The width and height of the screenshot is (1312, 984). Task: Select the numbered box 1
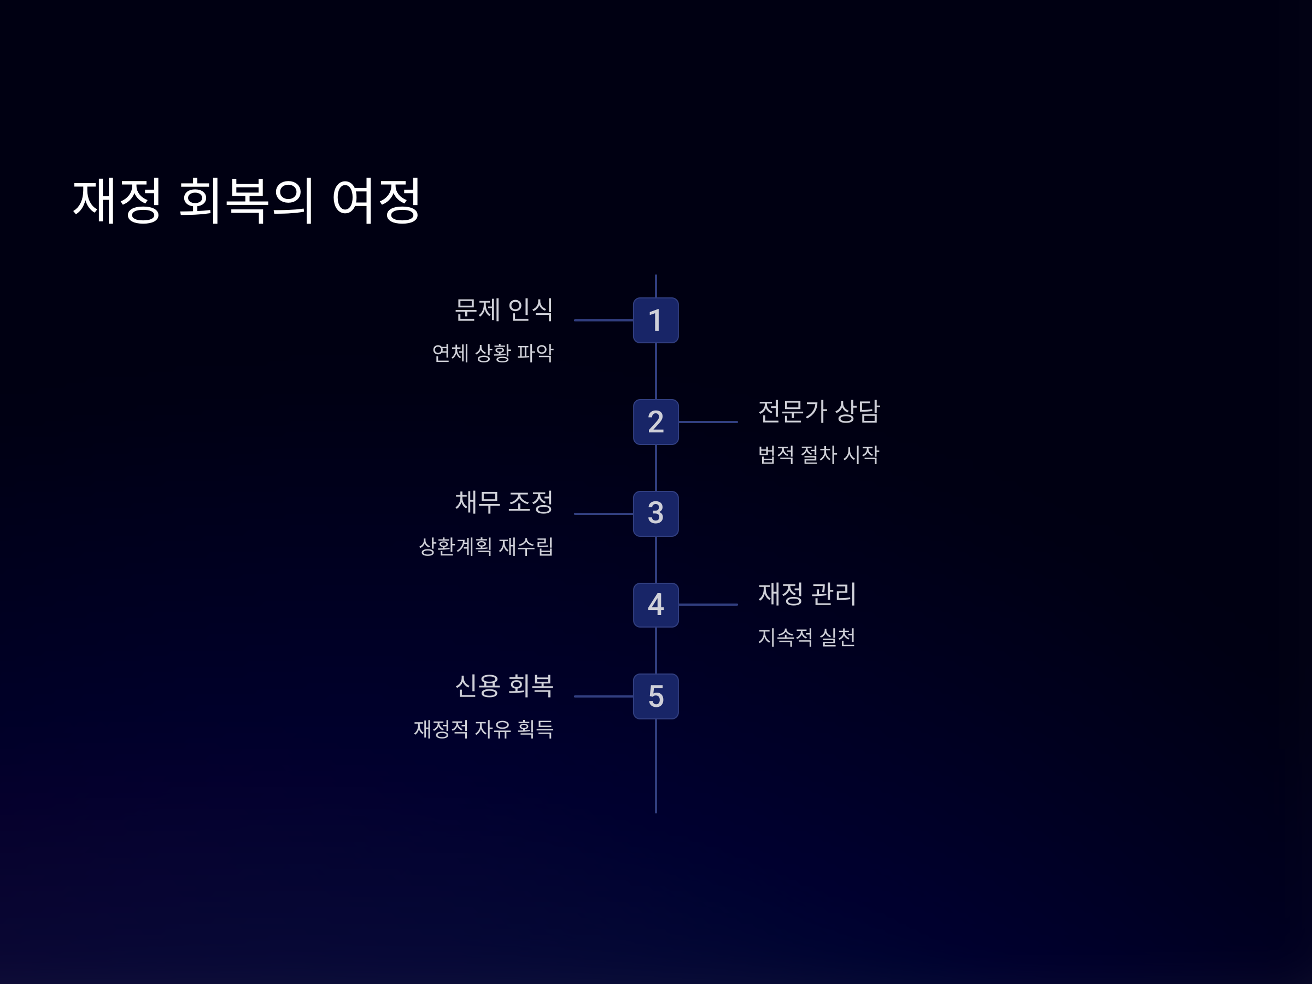pyautogui.click(x=655, y=320)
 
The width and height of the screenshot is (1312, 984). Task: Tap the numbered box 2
pyautogui.click(x=655, y=421)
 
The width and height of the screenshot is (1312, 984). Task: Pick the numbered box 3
pyautogui.click(x=655, y=514)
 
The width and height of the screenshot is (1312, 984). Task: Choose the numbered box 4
pyautogui.click(x=655, y=605)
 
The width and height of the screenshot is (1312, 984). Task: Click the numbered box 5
pyautogui.click(x=655, y=696)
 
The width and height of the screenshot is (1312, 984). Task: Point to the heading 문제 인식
pyautogui.click(x=503, y=309)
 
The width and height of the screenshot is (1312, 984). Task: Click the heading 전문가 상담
pyautogui.click(x=818, y=411)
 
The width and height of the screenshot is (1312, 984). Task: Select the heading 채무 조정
pyautogui.click(x=503, y=502)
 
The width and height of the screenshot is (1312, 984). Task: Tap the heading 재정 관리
pyautogui.click(x=807, y=594)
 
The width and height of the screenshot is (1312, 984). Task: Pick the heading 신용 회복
pyautogui.click(x=503, y=686)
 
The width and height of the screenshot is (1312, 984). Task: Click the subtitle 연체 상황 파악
pyautogui.click(x=493, y=353)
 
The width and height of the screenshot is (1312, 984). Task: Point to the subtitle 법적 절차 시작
pyautogui.click(x=818, y=455)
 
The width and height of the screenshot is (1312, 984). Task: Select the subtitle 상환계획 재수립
pyautogui.click(x=486, y=546)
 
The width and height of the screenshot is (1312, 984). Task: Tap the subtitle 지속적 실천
pyautogui.click(x=807, y=637)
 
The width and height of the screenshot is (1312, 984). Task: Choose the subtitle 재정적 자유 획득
pyautogui.click(x=483, y=729)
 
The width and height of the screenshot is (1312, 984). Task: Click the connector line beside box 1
pyautogui.click(x=603, y=320)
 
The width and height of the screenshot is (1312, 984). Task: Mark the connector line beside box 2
pyautogui.click(x=708, y=421)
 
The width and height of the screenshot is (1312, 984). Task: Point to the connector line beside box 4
pyautogui.click(x=708, y=605)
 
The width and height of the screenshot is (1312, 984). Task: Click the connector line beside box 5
pyautogui.click(x=603, y=696)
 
